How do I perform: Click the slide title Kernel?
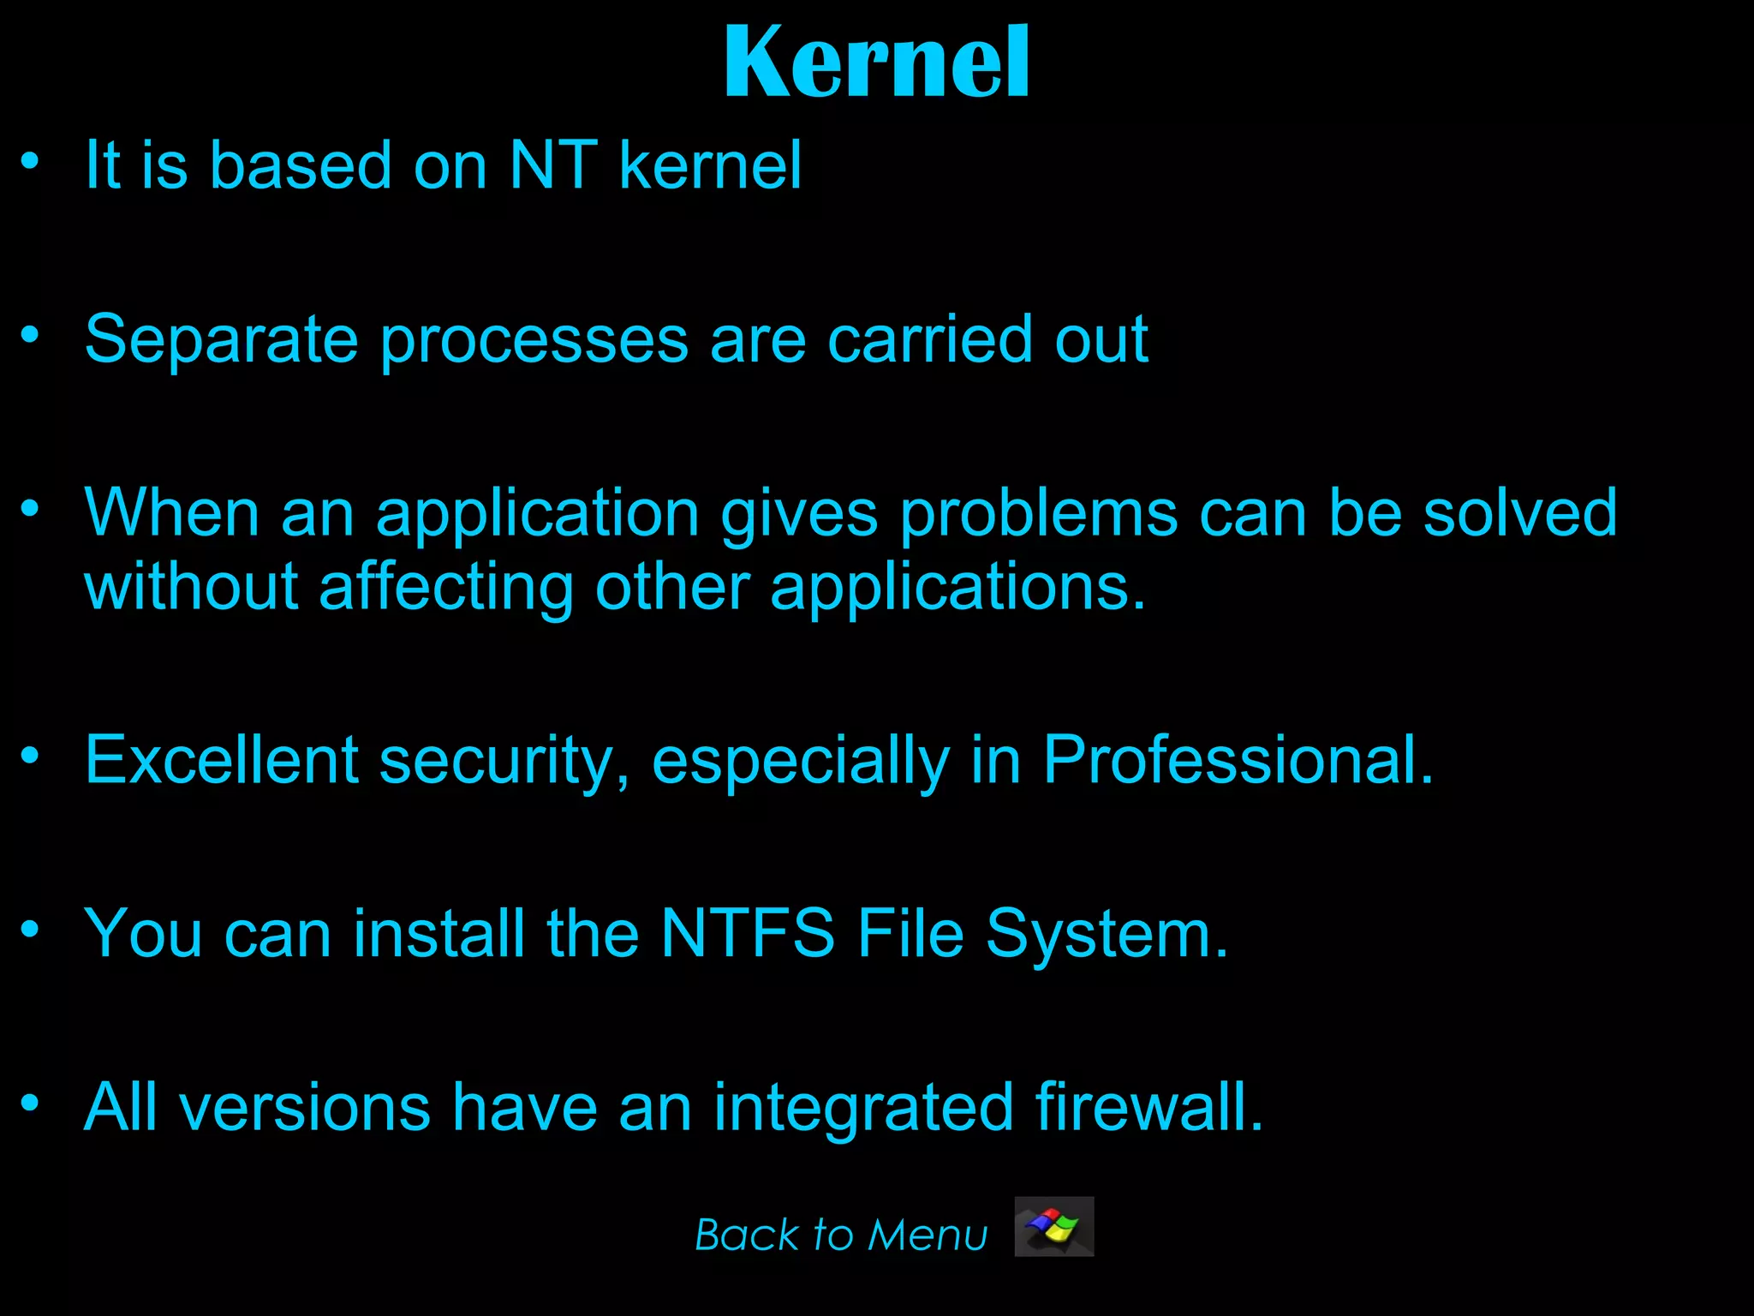876,62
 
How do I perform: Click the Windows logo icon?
1053,1226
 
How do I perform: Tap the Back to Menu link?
841,1235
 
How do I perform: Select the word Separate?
221,340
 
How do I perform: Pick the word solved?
1519,513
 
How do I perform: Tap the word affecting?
446,589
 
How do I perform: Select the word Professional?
1238,760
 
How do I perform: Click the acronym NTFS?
748,933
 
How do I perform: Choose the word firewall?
1148,1107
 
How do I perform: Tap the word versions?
305,1108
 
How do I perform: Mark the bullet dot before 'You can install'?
31,929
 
